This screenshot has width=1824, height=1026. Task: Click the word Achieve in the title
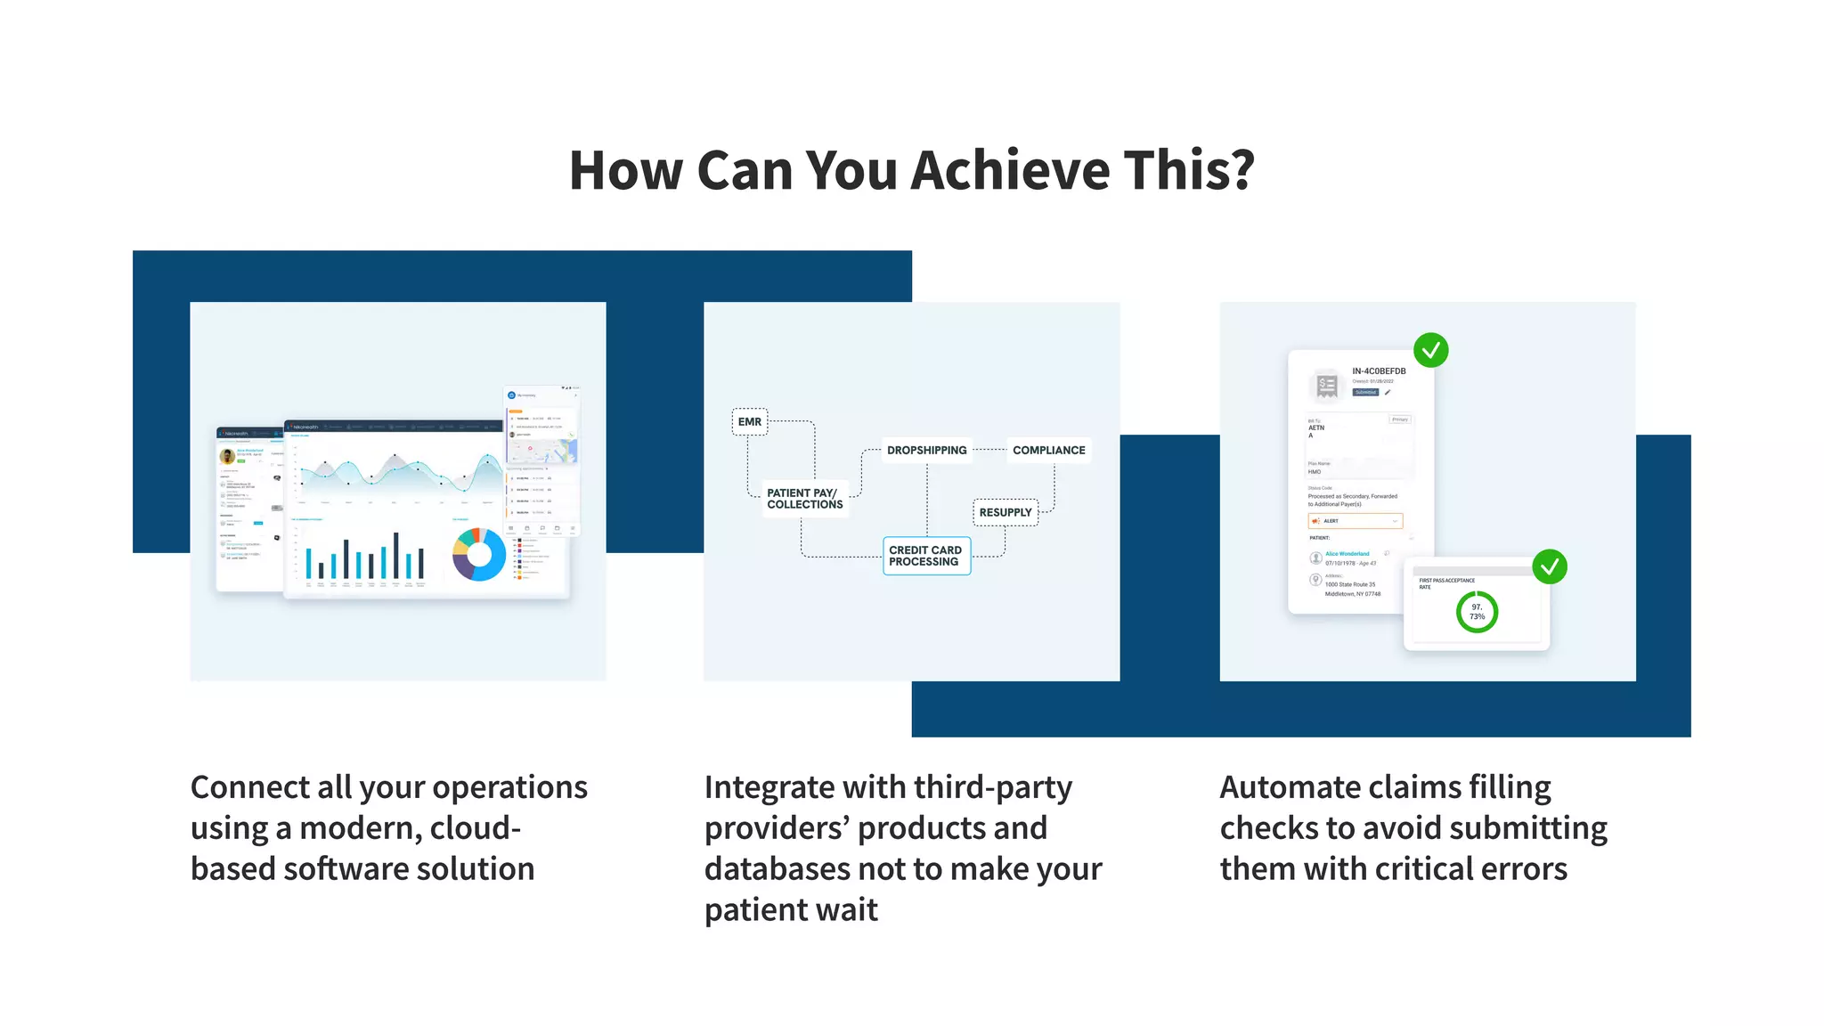coord(1011,170)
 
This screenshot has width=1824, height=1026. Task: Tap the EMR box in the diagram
coord(750,422)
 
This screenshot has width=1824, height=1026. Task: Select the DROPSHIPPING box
coord(926,451)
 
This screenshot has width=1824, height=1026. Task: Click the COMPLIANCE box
coord(1048,451)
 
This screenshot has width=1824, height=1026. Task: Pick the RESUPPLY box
coord(1005,513)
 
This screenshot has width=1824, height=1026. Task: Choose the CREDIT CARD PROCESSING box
coord(926,556)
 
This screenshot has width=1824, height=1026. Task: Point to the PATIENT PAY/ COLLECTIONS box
coord(804,499)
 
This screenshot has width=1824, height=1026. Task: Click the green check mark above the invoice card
coord(1430,351)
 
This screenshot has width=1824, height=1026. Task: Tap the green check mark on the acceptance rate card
coord(1549,566)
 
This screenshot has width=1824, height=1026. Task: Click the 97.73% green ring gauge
coord(1477,613)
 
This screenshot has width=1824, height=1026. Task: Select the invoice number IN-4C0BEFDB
coord(1378,371)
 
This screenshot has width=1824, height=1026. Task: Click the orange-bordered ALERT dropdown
coord(1355,521)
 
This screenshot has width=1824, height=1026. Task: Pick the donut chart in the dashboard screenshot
coord(479,555)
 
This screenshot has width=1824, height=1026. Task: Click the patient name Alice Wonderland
coord(1347,554)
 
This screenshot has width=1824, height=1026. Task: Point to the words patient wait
coord(790,910)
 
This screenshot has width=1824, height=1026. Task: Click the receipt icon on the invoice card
coord(1327,386)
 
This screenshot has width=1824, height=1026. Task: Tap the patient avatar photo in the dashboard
coord(228,456)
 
